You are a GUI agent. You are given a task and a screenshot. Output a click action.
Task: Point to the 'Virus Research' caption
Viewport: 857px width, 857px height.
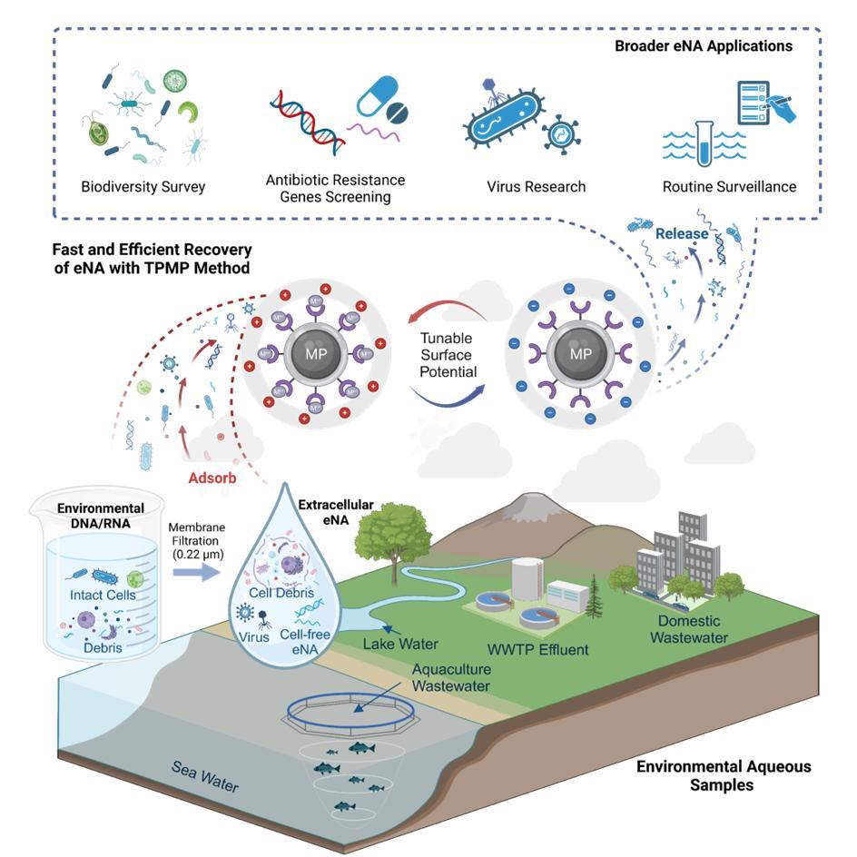click(x=536, y=187)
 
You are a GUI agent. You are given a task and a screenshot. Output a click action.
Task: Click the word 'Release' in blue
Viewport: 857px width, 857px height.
click(x=682, y=233)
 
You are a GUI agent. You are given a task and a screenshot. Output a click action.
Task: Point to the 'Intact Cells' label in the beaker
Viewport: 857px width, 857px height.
click(x=102, y=596)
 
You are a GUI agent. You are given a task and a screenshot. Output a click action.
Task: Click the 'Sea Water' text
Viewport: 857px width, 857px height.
click(x=205, y=777)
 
